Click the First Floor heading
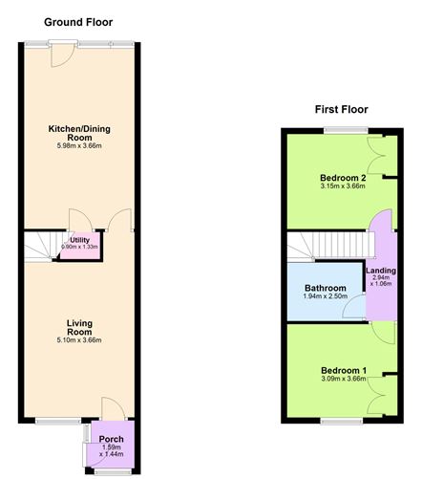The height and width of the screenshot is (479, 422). tap(342, 109)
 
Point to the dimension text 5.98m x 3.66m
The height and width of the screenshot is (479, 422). tap(78, 147)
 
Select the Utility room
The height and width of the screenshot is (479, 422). tap(80, 243)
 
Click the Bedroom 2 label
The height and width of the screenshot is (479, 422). tap(342, 178)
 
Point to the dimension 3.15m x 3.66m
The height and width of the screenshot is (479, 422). tap(342, 188)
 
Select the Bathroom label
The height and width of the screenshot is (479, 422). tap(326, 287)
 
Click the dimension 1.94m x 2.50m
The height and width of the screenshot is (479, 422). tap(326, 297)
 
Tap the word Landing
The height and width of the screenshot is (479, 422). tap(381, 271)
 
